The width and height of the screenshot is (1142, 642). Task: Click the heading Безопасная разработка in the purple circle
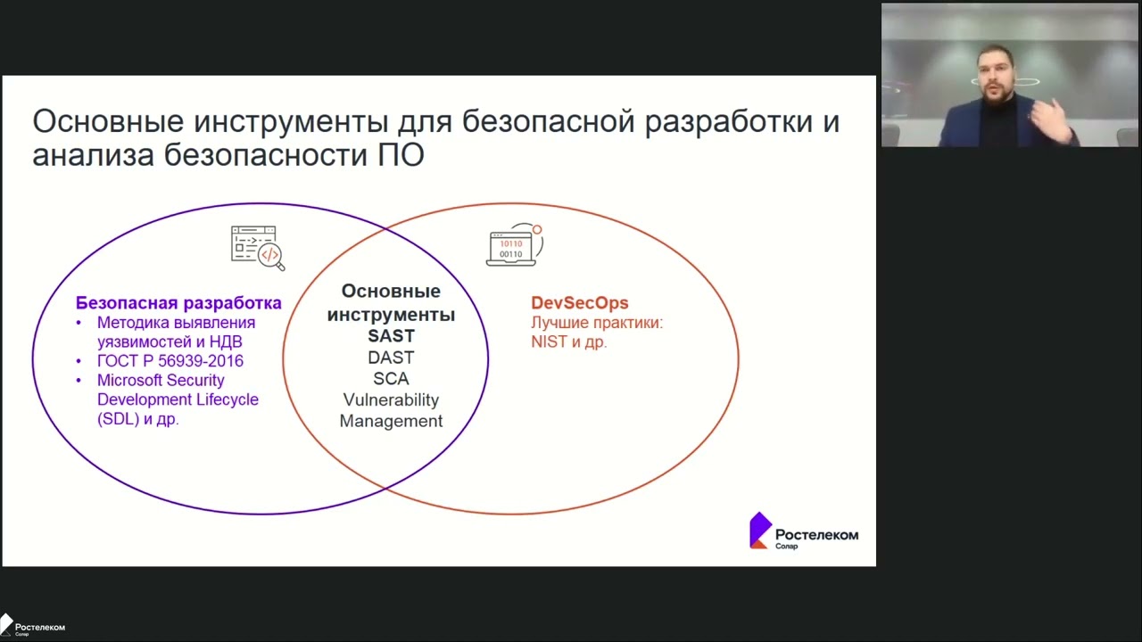pos(178,303)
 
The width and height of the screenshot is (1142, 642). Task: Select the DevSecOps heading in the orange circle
pos(580,303)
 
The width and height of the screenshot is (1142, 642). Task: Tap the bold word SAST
pos(391,336)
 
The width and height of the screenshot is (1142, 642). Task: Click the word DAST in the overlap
pos(391,358)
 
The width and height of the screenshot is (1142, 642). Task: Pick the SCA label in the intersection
pos(391,379)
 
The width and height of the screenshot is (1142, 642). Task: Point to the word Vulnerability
pos(391,400)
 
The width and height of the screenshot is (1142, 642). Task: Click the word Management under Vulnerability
pos(391,421)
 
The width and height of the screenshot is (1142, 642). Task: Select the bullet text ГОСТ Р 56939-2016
pos(170,361)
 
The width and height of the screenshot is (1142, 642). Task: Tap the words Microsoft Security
pos(161,381)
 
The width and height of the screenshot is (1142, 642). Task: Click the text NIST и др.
pos(568,342)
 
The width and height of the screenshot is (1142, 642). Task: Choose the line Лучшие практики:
pos(597,323)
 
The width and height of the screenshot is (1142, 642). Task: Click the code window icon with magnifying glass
pos(257,247)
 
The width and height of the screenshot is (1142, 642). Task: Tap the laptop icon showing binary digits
pos(514,246)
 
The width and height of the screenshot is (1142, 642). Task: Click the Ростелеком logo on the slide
pos(803,531)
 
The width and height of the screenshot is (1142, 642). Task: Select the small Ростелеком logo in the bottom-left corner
pos(32,627)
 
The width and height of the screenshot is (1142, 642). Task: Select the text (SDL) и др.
pos(137,419)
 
